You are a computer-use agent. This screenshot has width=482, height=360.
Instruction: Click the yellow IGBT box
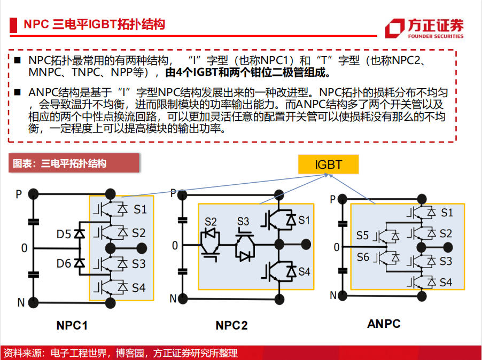328,165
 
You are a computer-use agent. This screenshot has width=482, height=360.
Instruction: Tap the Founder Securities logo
424,28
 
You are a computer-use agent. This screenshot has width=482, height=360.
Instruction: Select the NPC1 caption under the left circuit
72,325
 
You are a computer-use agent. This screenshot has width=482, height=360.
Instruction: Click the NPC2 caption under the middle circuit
231,325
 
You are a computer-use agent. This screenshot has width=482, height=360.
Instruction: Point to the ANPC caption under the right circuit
384,324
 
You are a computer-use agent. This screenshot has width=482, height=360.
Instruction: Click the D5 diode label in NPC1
64,234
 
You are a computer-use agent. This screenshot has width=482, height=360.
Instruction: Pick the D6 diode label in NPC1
64,263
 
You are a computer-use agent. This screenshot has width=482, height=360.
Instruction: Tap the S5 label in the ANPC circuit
362,236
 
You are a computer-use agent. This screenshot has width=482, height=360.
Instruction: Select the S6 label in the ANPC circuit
363,257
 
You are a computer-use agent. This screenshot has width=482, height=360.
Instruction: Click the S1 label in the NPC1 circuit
140,209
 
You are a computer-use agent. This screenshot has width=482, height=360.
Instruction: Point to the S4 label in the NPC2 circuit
304,271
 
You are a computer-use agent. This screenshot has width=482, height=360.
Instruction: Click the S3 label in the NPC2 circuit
243,222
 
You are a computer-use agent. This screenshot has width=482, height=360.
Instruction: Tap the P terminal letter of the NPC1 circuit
19,194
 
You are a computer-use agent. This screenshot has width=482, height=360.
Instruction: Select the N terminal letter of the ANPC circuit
333,295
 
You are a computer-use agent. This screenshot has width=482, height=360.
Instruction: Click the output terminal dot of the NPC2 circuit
306,245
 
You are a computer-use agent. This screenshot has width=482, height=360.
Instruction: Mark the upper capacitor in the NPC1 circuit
34,222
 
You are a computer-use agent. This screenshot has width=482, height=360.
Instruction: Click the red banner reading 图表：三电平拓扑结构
74,163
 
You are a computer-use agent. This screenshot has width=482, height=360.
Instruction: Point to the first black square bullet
17,60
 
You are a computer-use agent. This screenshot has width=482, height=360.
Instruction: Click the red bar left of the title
13,25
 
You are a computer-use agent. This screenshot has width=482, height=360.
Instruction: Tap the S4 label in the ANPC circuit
446,283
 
